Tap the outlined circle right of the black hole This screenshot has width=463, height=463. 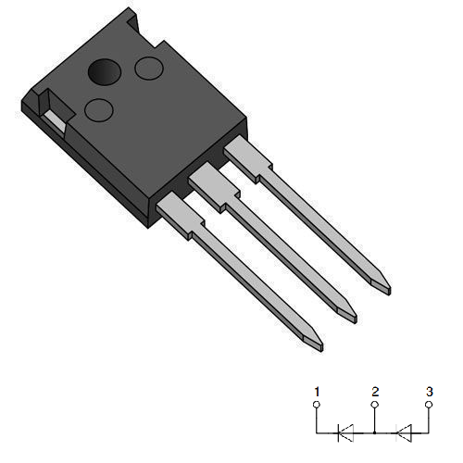(x=148, y=69)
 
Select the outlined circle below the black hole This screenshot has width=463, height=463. (x=98, y=109)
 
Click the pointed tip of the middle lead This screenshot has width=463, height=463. (x=349, y=315)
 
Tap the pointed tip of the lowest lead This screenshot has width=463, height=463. (x=316, y=344)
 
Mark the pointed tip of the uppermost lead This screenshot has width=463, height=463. (x=382, y=287)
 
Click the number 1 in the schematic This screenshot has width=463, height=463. (x=317, y=391)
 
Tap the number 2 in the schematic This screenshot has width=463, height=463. (x=374, y=391)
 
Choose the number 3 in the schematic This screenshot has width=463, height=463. (x=429, y=391)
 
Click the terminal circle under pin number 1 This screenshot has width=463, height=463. (x=317, y=405)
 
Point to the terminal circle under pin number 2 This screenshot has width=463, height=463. (x=374, y=405)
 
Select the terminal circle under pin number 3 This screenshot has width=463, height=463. (x=429, y=405)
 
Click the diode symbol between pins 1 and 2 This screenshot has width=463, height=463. (x=344, y=431)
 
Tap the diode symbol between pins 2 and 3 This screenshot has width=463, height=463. (x=402, y=431)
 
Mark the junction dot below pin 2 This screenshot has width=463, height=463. (x=374, y=431)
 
